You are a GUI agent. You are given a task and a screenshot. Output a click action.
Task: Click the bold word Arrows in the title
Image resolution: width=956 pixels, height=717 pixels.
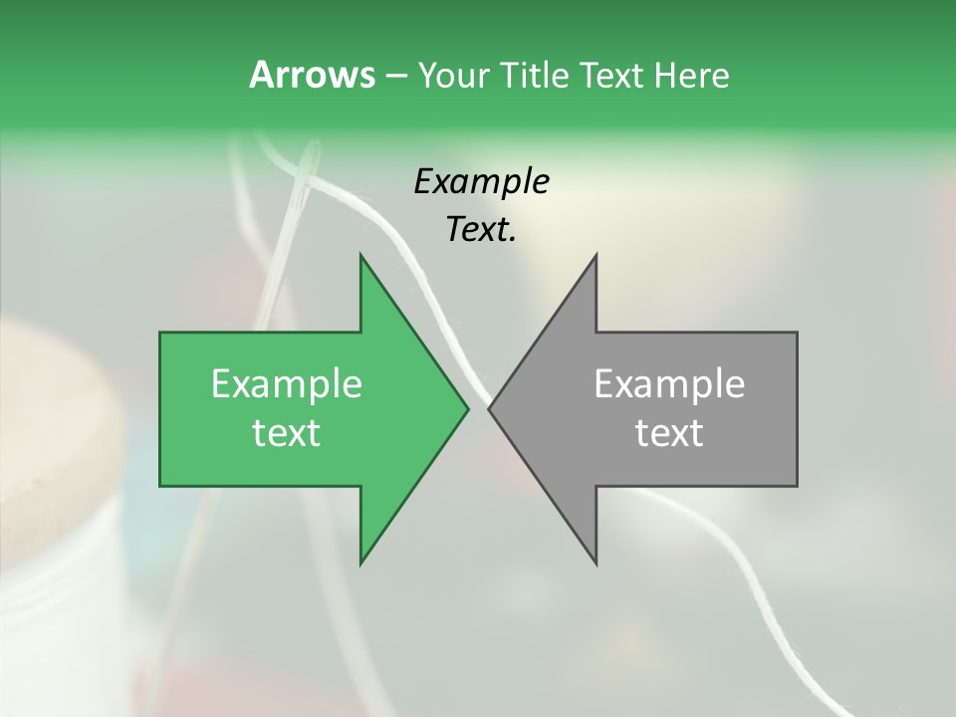(311, 75)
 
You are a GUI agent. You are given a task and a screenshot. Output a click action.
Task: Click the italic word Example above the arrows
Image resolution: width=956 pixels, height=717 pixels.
(482, 182)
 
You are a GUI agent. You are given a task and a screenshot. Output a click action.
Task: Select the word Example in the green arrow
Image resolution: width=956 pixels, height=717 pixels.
(287, 384)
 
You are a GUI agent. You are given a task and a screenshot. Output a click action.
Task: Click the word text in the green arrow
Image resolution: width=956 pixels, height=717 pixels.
(287, 433)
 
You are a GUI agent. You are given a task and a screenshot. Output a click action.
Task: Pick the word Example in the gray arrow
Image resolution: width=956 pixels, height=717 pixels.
(669, 384)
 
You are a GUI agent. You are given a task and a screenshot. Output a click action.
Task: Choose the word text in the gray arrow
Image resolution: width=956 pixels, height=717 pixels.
(669, 433)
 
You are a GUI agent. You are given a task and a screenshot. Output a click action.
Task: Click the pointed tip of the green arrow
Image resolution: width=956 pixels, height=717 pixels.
(468, 408)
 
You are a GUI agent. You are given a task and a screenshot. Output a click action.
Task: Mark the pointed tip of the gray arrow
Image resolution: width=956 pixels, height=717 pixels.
(489, 408)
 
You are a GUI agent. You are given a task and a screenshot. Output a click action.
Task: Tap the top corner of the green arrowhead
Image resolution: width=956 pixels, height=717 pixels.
(360, 255)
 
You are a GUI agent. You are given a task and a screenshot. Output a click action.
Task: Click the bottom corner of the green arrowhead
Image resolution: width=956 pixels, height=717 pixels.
(360, 564)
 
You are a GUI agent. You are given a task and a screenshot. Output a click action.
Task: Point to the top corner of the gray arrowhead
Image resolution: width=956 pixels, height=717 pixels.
(596, 255)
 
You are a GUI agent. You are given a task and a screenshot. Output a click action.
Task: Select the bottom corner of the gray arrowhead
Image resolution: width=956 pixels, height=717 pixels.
(596, 564)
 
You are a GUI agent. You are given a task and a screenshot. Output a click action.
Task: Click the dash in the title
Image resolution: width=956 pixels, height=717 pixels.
(395, 77)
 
